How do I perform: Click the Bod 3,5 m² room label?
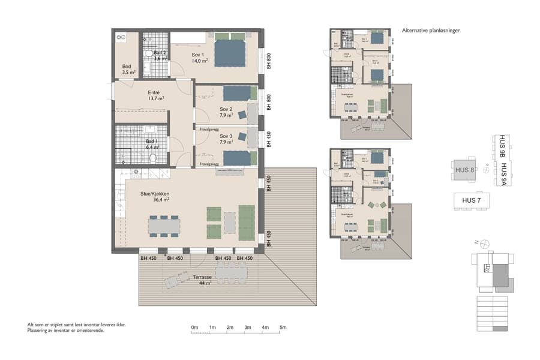tap(127, 70)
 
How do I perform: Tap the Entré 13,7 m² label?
tap(155, 95)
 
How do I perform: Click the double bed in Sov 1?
tap(230, 53)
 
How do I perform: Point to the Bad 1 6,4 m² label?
tap(152, 144)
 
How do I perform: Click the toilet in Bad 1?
tap(153, 158)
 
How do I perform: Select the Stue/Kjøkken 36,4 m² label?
tap(155, 196)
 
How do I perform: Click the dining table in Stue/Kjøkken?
tap(164, 225)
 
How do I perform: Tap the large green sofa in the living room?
tap(247, 222)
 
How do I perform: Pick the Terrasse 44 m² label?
tap(202, 280)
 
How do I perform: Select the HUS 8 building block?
tap(465, 170)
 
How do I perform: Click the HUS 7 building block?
tap(471, 200)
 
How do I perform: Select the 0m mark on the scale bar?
tap(194, 328)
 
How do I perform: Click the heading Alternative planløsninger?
tap(430, 30)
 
